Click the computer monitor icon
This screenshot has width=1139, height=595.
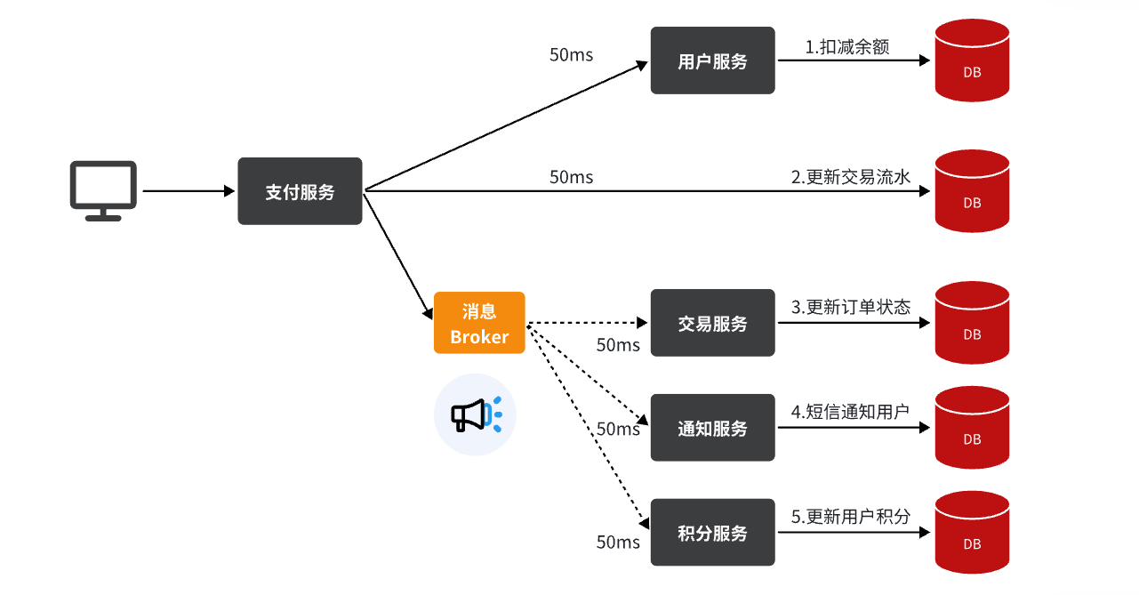coord(103,189)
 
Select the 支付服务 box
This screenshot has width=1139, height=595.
coord(300,191)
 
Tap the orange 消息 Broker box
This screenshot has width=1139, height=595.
coord(479,323)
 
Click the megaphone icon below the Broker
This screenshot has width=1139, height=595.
coord(475,414)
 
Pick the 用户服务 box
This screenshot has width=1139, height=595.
coord(712,60)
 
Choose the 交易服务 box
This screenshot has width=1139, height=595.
coord(712,323)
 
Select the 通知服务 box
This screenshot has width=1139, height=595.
coord(712,428)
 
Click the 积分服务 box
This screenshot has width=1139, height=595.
coord(712,533)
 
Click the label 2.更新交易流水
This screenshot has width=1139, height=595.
coord(851,177)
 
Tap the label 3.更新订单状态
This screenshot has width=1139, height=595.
coord(851,308)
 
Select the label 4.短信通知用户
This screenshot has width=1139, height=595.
coord(851,412)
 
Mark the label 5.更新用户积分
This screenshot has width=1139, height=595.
coord(851,517)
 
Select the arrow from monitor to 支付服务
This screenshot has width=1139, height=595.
coord(187,191)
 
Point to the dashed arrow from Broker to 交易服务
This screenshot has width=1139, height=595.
coord(587,323)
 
